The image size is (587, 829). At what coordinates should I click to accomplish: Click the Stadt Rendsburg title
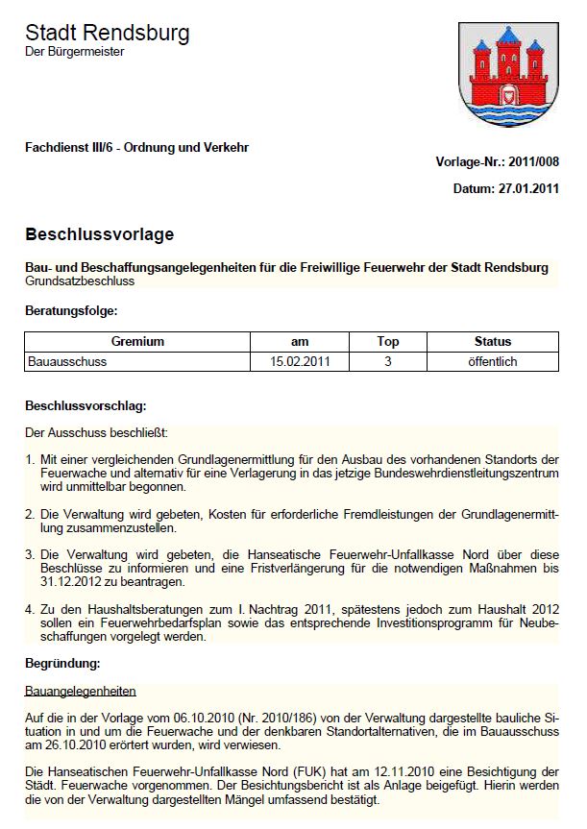coord(107,33)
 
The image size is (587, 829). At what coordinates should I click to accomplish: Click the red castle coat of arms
coord(508,75)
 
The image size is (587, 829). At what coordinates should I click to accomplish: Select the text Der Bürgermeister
coord(74,53)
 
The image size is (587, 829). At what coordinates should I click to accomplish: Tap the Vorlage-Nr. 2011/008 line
coord(497,162)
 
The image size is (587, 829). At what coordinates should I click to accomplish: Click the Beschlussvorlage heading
coord(99,234)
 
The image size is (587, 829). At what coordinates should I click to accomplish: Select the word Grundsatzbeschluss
coord(79,281)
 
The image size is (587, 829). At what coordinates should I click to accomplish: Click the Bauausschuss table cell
coord(68,362)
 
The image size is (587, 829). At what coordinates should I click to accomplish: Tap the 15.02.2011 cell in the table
coord(300,362)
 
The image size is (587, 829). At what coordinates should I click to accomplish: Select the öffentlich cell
coord(493,362)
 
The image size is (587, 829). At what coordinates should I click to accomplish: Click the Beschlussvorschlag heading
coord(86,406)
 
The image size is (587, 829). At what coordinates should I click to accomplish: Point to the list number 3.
coord(30,553)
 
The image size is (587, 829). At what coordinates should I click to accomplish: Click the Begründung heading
coord(62,663)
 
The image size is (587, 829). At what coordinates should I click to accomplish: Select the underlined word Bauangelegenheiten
coord(80,691)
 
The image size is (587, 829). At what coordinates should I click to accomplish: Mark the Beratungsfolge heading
coord(72,311)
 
